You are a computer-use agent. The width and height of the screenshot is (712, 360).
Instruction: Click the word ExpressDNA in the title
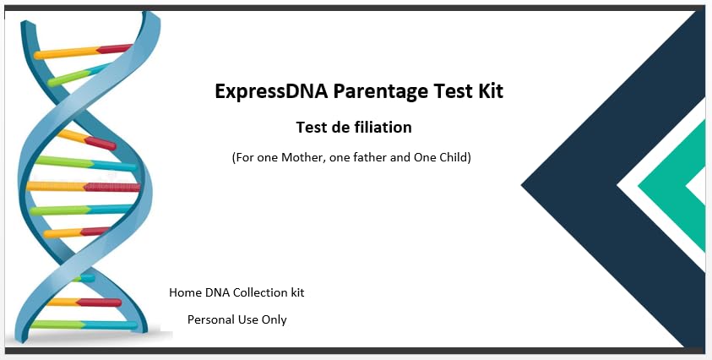click(x=270, y=92)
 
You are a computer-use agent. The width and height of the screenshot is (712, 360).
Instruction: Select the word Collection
click(x=262, y=292)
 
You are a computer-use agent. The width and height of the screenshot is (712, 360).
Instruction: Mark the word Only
click(x=274, y=320)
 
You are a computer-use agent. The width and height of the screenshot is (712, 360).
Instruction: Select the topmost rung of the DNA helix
click(x=82, y=52)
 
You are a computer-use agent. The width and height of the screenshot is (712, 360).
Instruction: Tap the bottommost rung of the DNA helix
click(x=84, y=325)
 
